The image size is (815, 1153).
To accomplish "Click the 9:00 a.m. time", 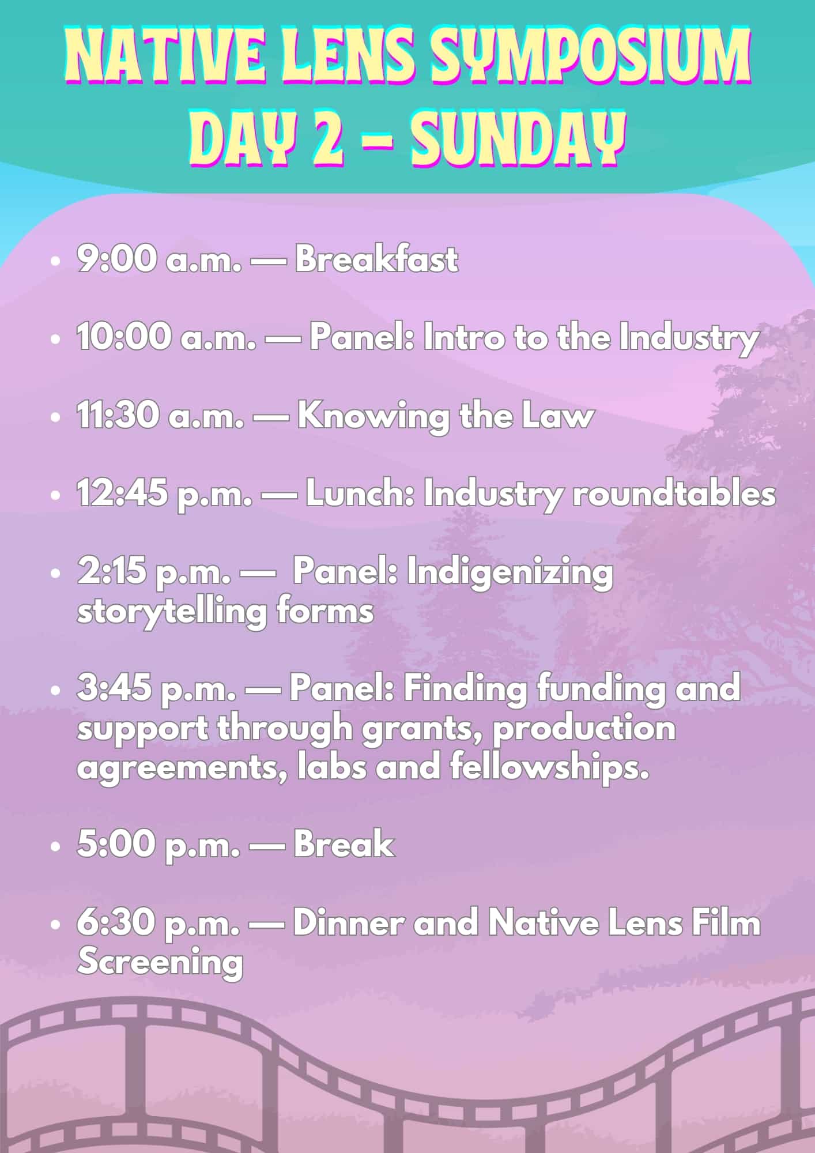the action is [159, 259].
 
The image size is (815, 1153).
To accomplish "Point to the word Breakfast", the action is [377, 259].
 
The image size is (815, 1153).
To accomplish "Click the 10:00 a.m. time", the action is [167, 338].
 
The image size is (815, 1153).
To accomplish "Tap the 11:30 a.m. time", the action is [160, 416].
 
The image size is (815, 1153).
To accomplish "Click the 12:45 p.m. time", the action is [164, 495].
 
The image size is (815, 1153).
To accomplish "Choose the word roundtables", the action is [674, 495].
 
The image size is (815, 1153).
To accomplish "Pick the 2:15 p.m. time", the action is [154, 573].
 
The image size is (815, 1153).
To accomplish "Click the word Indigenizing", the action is [510, 574].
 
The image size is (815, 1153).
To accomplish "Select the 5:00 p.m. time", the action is [159, 845].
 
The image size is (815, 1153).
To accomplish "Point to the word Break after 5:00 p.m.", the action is [344, 845].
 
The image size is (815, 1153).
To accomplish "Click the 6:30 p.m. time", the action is [159, 924].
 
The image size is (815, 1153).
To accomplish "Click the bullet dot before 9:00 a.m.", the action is [55, 261].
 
